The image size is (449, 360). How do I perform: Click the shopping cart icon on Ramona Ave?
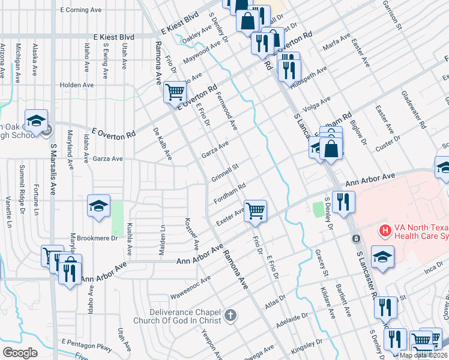175,92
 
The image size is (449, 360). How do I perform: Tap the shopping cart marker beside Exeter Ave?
256,211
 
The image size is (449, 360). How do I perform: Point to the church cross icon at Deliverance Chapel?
229,315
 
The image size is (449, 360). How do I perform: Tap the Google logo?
20,353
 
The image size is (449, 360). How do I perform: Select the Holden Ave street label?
77,85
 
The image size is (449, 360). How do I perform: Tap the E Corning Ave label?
82,10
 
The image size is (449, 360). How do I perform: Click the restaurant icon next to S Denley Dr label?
343,202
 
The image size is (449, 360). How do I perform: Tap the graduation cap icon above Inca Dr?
382,256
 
